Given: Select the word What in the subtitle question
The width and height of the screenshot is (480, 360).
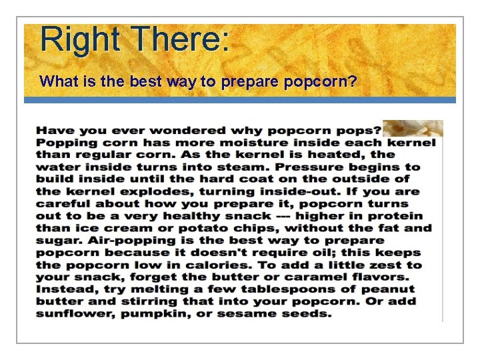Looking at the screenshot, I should tap(56, 81).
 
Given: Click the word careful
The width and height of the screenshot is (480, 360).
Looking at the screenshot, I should tap(61, 204).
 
